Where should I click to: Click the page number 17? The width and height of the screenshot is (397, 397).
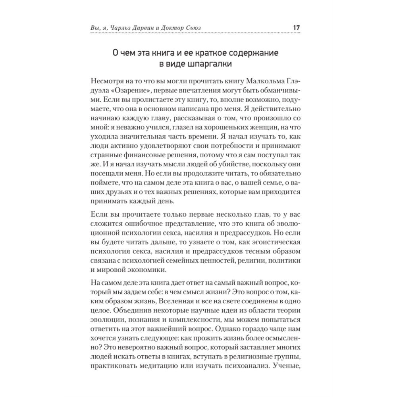296,28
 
